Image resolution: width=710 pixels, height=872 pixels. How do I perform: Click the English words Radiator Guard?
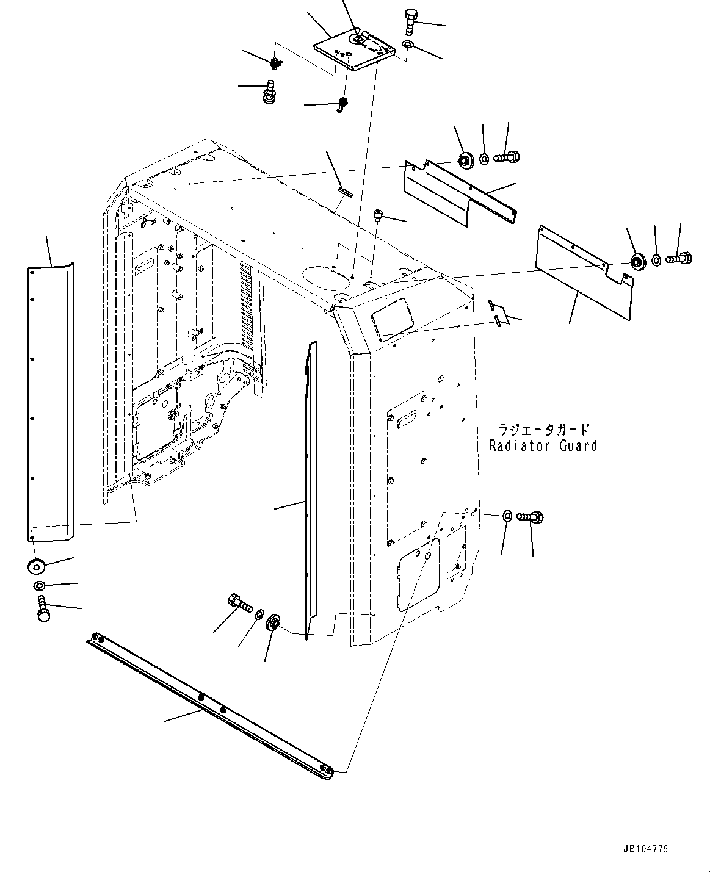(x=543, y=446)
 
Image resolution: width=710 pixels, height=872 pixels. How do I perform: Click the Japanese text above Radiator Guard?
(x=543, y=429)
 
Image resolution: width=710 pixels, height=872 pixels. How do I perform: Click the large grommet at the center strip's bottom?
(x=274, y=625)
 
